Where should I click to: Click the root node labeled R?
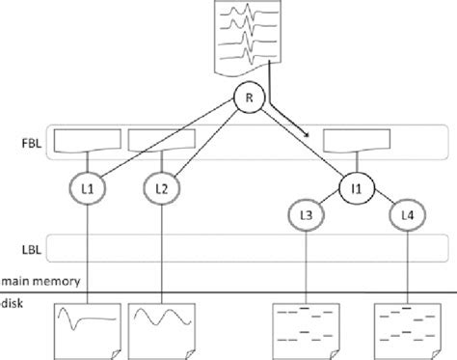point(249,97)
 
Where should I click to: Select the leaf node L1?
point(88,188)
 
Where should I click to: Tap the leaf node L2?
point(162,188)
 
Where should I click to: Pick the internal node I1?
point(357,188)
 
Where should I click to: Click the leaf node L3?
point(306,215)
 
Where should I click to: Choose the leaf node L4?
point(407,215)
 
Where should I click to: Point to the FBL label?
point(32,143)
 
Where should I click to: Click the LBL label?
point(32,250)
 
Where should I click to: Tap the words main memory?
point(40,281)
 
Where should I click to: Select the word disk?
point(13,303)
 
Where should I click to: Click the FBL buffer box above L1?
point(88,140)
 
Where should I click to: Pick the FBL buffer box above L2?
point(162,140)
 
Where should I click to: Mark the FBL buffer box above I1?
point(357,140)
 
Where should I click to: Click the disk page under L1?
point(88,331)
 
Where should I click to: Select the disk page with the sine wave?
point(162,331)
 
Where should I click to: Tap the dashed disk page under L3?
point(306,331)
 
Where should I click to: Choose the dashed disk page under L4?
point(407,331)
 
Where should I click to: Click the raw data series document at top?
point(248,37)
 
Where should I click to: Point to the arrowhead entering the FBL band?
point(307,134)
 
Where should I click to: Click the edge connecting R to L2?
point(207,144)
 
